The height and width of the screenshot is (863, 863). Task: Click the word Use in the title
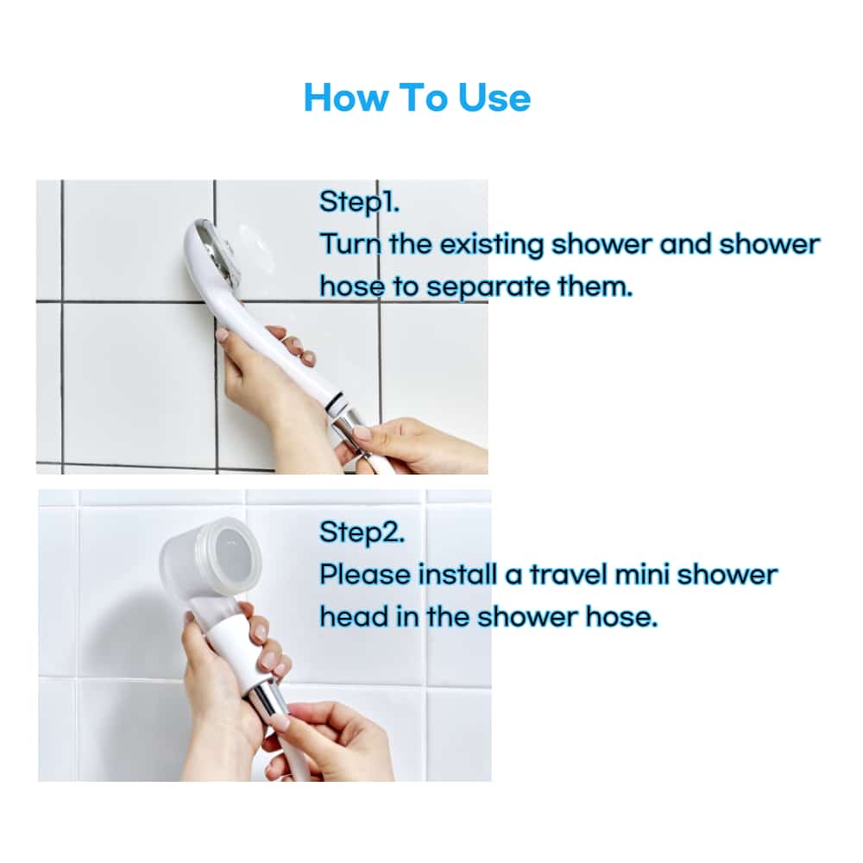494,98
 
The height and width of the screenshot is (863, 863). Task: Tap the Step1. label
359,202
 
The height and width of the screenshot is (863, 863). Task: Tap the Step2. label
362,532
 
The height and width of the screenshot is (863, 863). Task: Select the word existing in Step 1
492,244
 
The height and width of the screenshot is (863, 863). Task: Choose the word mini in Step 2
641,575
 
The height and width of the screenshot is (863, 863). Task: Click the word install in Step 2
457,575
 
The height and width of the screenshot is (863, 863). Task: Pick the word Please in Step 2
365,575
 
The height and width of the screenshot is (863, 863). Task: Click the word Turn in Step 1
350,244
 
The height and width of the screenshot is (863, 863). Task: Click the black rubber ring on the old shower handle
337,405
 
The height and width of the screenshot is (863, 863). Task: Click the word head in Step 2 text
354,617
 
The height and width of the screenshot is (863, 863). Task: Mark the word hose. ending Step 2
621,617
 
